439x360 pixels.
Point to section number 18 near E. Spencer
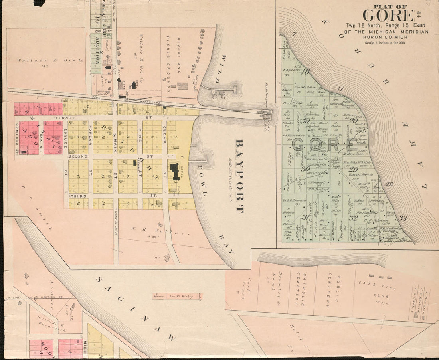click(x=306, y=72)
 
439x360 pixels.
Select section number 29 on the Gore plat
click(x=353, y=169)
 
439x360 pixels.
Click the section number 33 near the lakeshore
click(x=403, y=218)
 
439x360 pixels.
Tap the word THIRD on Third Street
click(x=78, y=196)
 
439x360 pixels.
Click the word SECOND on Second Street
click(x=78, y=157)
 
